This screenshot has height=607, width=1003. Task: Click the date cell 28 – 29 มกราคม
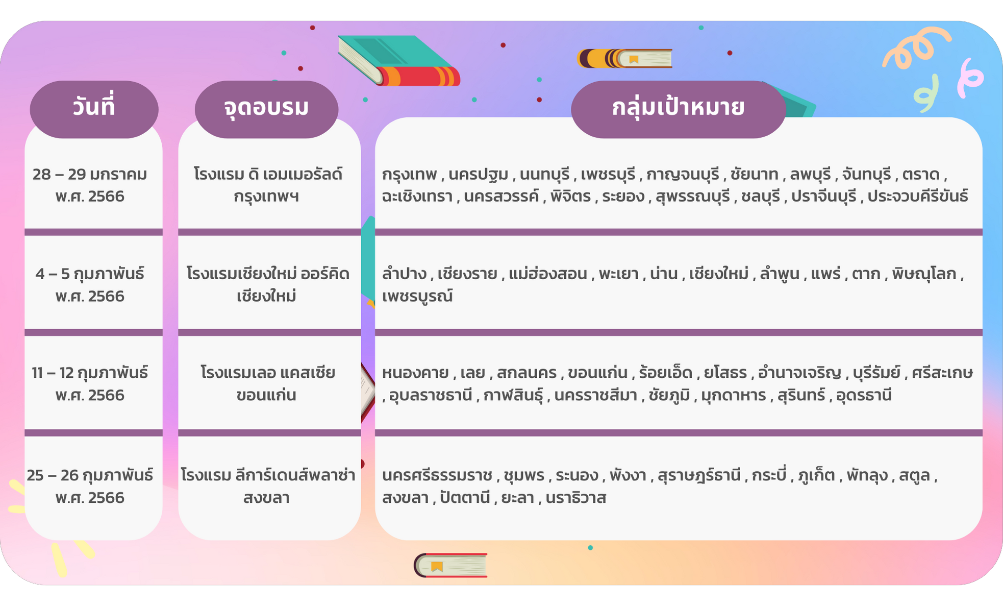[x=90, y=175]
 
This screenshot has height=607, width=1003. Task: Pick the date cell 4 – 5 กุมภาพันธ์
[x=90, y=274]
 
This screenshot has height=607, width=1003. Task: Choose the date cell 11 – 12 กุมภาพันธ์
[x=90, y=373]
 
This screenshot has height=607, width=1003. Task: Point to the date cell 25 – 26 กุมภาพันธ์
[x=90, y=476]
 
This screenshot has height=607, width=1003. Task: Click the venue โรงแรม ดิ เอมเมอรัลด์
[x=268, y=175]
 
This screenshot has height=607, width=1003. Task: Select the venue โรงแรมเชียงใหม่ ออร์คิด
[x=268, y=274]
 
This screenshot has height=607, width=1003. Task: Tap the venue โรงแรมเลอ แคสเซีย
[x=268, y=373]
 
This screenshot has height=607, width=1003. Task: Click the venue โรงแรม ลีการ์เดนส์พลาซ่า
[x=268, y=476]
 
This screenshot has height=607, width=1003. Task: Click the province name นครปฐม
[x=479, y=175]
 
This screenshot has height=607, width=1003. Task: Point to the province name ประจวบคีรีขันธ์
[x=918, y=197]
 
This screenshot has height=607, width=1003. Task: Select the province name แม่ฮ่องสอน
[x=548, y=274]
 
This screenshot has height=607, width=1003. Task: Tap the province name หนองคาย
[x=415, y=373]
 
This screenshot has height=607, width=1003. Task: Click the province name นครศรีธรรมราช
[x=437, y=476]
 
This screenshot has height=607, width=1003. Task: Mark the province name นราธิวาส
[x=576, y=498]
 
